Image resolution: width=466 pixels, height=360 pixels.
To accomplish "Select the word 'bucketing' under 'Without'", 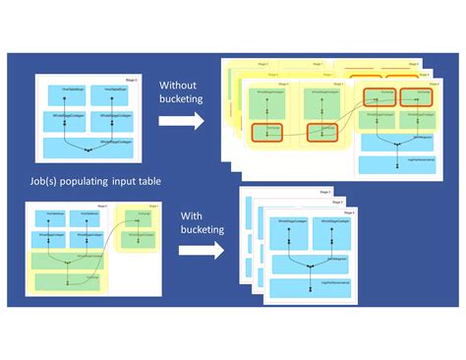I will [x=182, y=99].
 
